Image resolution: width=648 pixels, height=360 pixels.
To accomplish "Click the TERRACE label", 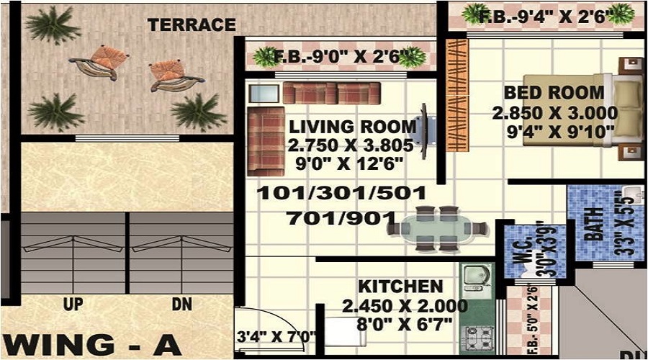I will tap(192, 24).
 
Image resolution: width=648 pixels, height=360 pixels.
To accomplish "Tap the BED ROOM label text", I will tap(554, 92).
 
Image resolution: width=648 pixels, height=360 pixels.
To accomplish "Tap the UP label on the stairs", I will tap(73, 305).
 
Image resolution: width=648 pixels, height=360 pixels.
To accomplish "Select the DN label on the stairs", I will tap(181, 305).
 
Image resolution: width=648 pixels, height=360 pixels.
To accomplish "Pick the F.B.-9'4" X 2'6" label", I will tap(546, 16).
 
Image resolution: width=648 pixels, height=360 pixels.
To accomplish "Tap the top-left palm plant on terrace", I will tap(51, 24).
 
